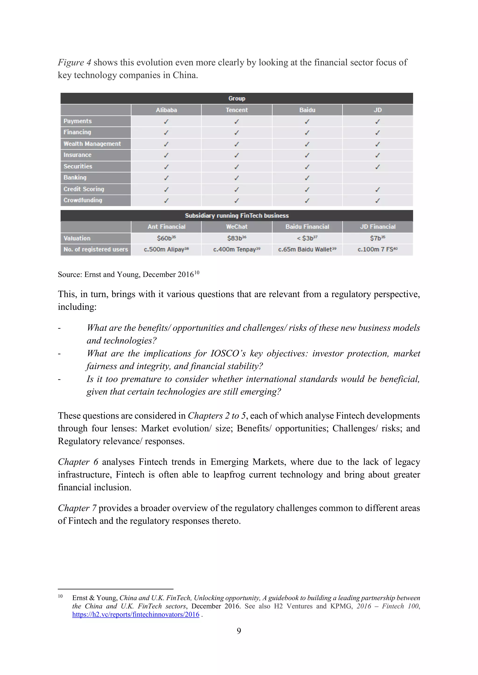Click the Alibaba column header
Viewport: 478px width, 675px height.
click(166, 110)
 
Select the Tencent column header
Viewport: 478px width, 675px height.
click(237, 110)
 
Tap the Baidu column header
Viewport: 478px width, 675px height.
click(307, 110)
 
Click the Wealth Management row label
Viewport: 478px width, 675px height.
click(92, 144)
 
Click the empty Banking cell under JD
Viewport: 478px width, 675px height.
click(378, 178)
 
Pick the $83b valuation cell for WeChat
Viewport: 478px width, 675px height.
click(237, 238)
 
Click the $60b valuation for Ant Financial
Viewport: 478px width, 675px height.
click(166, 238)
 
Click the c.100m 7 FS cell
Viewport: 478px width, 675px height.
click(378, 249)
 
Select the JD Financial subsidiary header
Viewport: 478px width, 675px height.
click(378, 227)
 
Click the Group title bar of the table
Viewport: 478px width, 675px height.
click(237, 98)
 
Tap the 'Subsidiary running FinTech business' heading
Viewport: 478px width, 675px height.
click(237, 215)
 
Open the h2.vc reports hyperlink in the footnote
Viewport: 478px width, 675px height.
click(136, 614)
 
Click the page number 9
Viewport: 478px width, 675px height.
click(239, 631)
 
